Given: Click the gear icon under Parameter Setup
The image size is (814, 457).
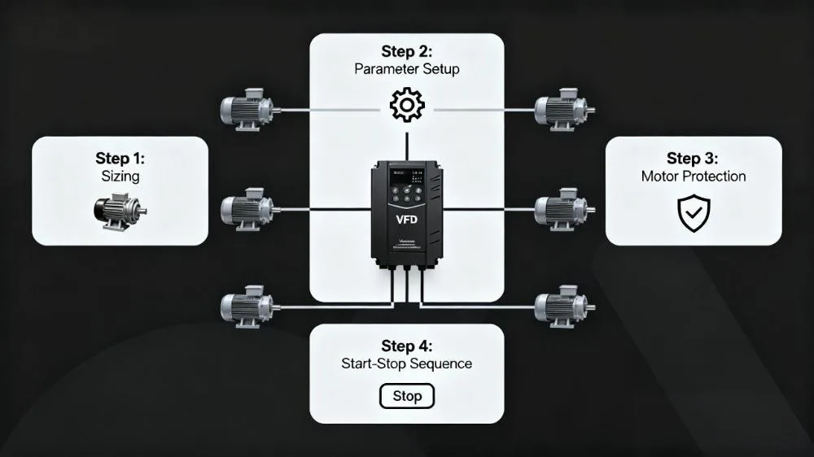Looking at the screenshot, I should coord(406,106).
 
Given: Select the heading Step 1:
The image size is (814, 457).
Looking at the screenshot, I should coord(120,158).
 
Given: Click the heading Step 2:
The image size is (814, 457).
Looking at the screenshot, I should coord(406,51).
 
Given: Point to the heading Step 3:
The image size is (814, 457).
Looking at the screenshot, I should coord(694,158).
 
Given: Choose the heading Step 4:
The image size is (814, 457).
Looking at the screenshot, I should coord(406,345).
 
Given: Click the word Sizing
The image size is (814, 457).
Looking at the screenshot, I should coord(120,176).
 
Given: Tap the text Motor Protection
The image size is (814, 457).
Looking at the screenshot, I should coord(694,176).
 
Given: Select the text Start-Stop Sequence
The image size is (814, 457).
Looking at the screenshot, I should coord(406,363).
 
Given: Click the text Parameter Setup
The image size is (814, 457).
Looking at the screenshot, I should coord(406,69).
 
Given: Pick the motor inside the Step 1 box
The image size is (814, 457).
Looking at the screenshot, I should coord(120,210).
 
